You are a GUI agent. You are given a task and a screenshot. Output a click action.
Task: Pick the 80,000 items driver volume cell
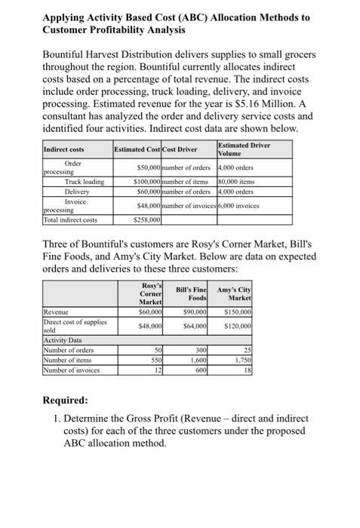[x=236, y=182]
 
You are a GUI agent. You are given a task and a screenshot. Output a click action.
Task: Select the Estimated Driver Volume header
[x=243, y=149]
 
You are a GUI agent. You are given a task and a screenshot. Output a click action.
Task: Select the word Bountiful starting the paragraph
[x=65, y=54]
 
